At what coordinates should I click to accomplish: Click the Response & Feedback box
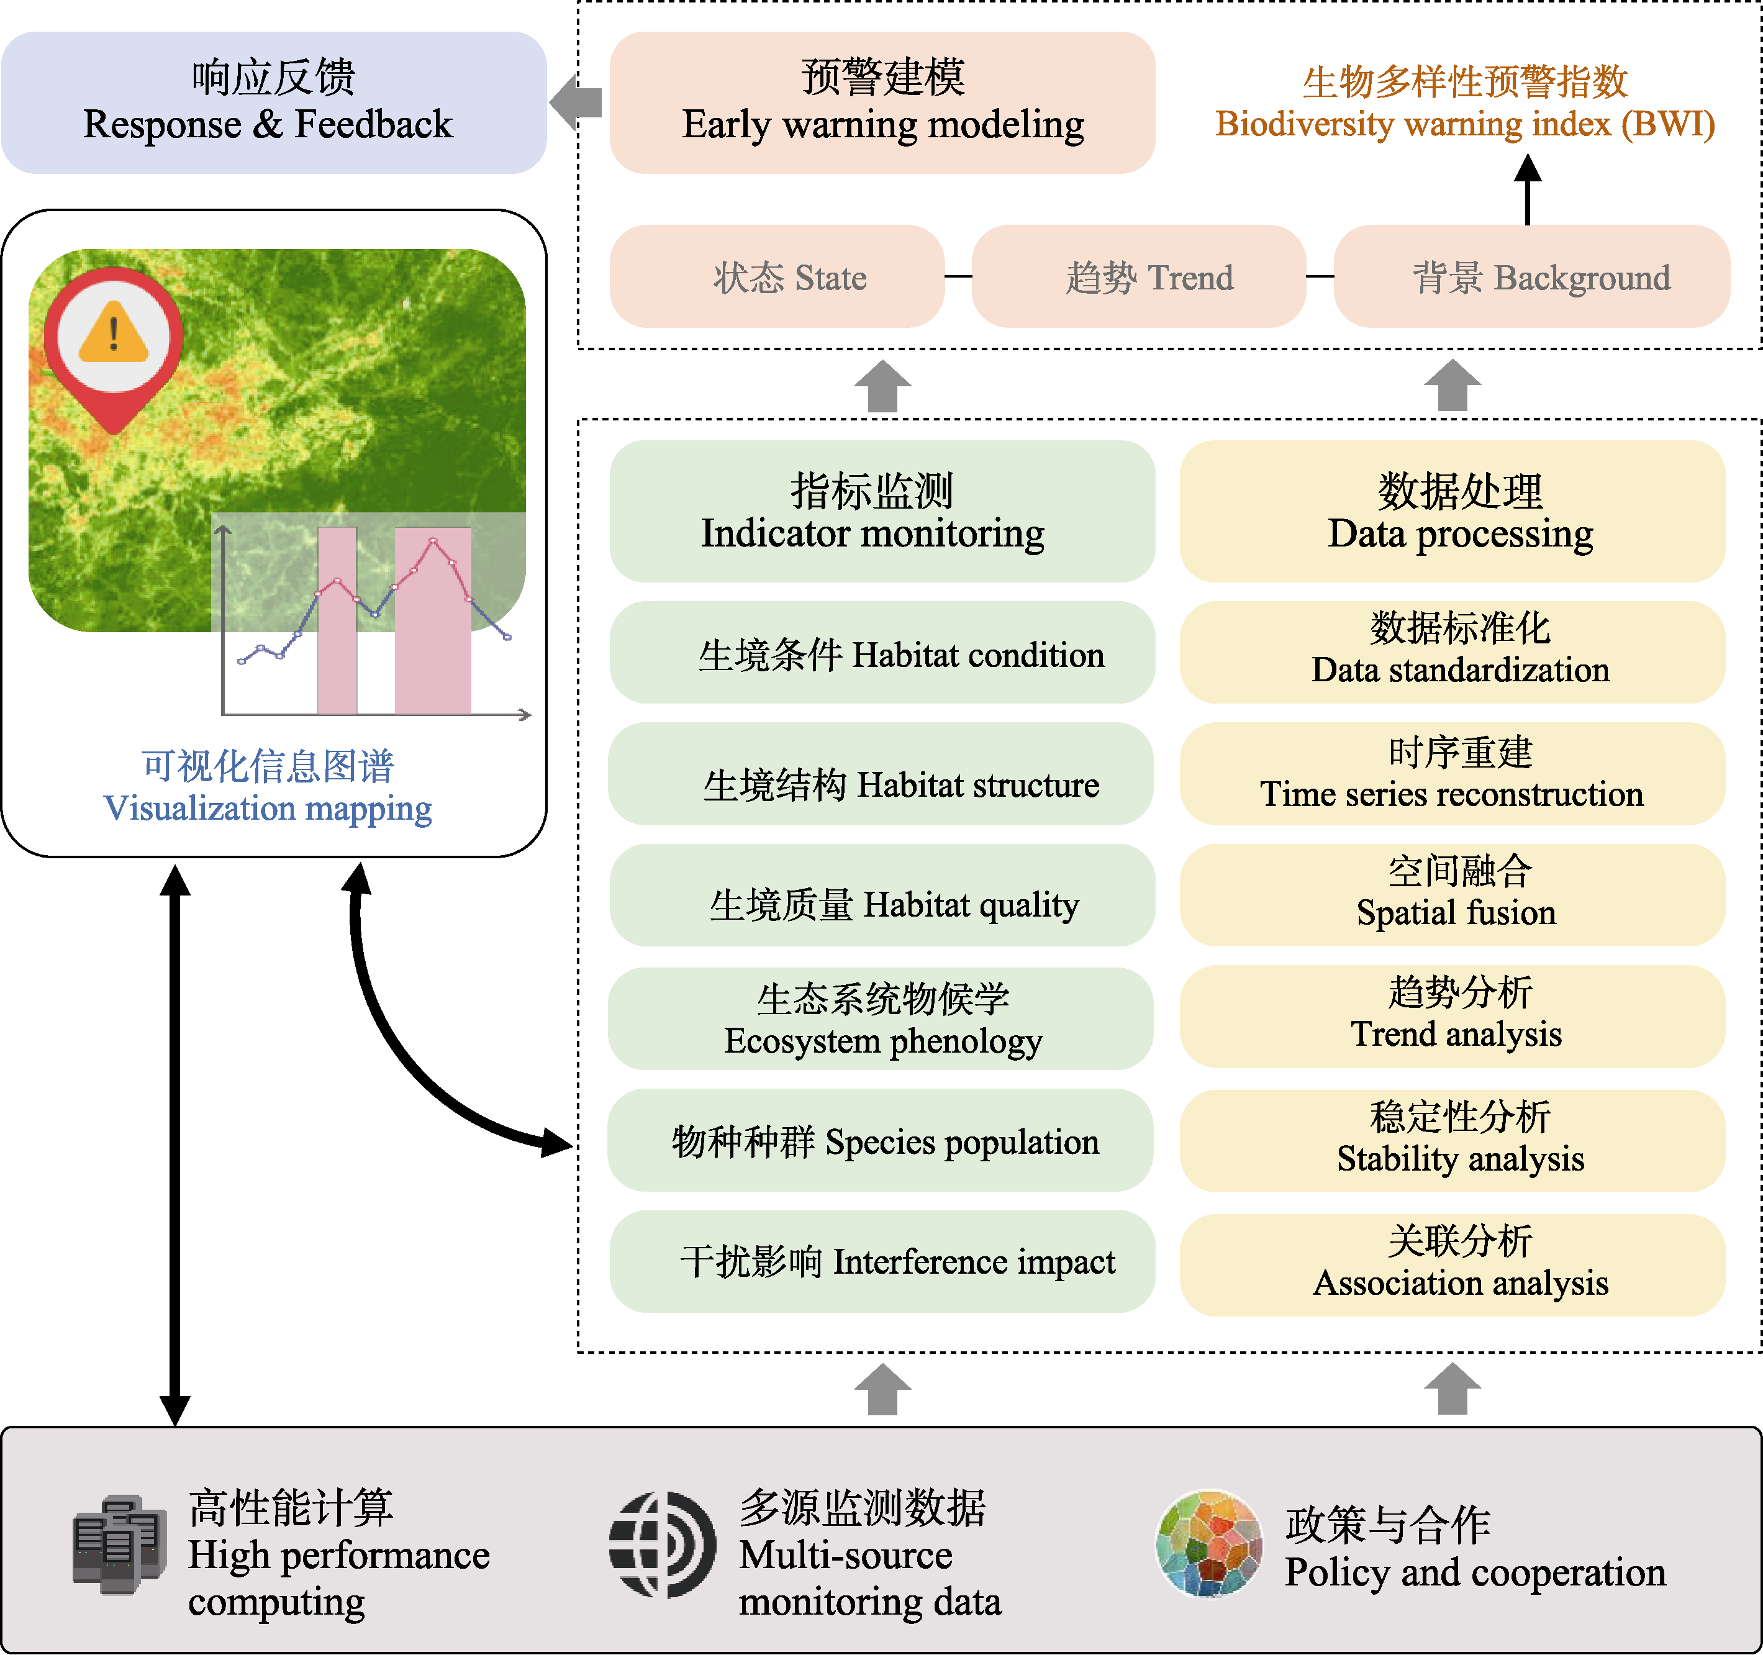273,102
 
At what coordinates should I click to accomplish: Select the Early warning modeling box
882,102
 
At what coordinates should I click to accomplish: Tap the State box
777,277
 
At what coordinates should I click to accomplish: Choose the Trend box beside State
1139,277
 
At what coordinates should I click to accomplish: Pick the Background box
1531,277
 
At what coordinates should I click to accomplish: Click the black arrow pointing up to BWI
1527,189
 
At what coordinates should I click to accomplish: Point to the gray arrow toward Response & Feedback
576,102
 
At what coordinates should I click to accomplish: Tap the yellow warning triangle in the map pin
114,333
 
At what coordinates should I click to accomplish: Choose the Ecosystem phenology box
880,1018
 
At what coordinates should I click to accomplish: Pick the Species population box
880,1141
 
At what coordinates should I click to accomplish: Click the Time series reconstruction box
1452,773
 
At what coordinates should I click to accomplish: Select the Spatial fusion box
1452,895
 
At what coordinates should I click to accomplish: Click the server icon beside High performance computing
119,1545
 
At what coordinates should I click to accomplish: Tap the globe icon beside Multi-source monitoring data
661,1545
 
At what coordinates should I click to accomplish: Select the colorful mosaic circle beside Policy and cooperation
1208,1543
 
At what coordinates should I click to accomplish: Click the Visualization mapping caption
268,787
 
